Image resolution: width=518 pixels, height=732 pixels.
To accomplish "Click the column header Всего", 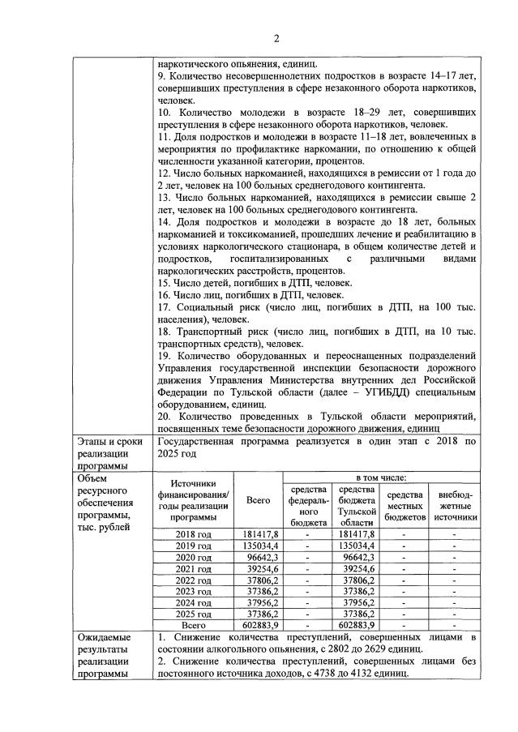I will tap(258, 501).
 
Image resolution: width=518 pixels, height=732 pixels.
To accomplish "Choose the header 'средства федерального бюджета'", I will tap(308, 506).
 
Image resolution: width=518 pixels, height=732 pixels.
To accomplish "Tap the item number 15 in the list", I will tap(165, 283).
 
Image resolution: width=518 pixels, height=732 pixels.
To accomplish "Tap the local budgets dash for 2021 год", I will tap(404, 569).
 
